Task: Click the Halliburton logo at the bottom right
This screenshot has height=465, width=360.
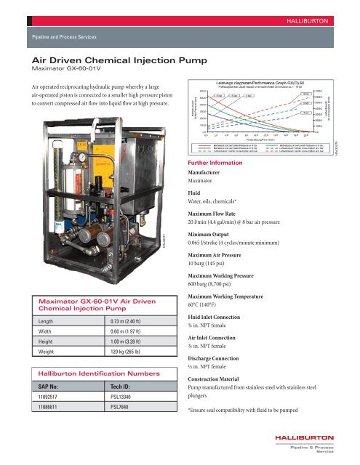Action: pyautogui.click(x=312, y=444)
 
